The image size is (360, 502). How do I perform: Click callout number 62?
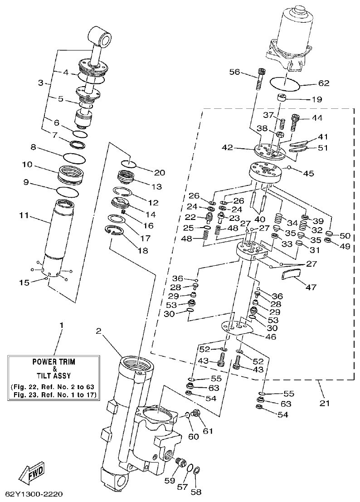coord(324,83)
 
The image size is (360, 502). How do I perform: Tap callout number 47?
coord(311,287)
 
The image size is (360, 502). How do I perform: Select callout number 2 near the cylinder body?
coord(98,331)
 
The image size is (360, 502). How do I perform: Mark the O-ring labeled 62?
coord(285,83)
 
